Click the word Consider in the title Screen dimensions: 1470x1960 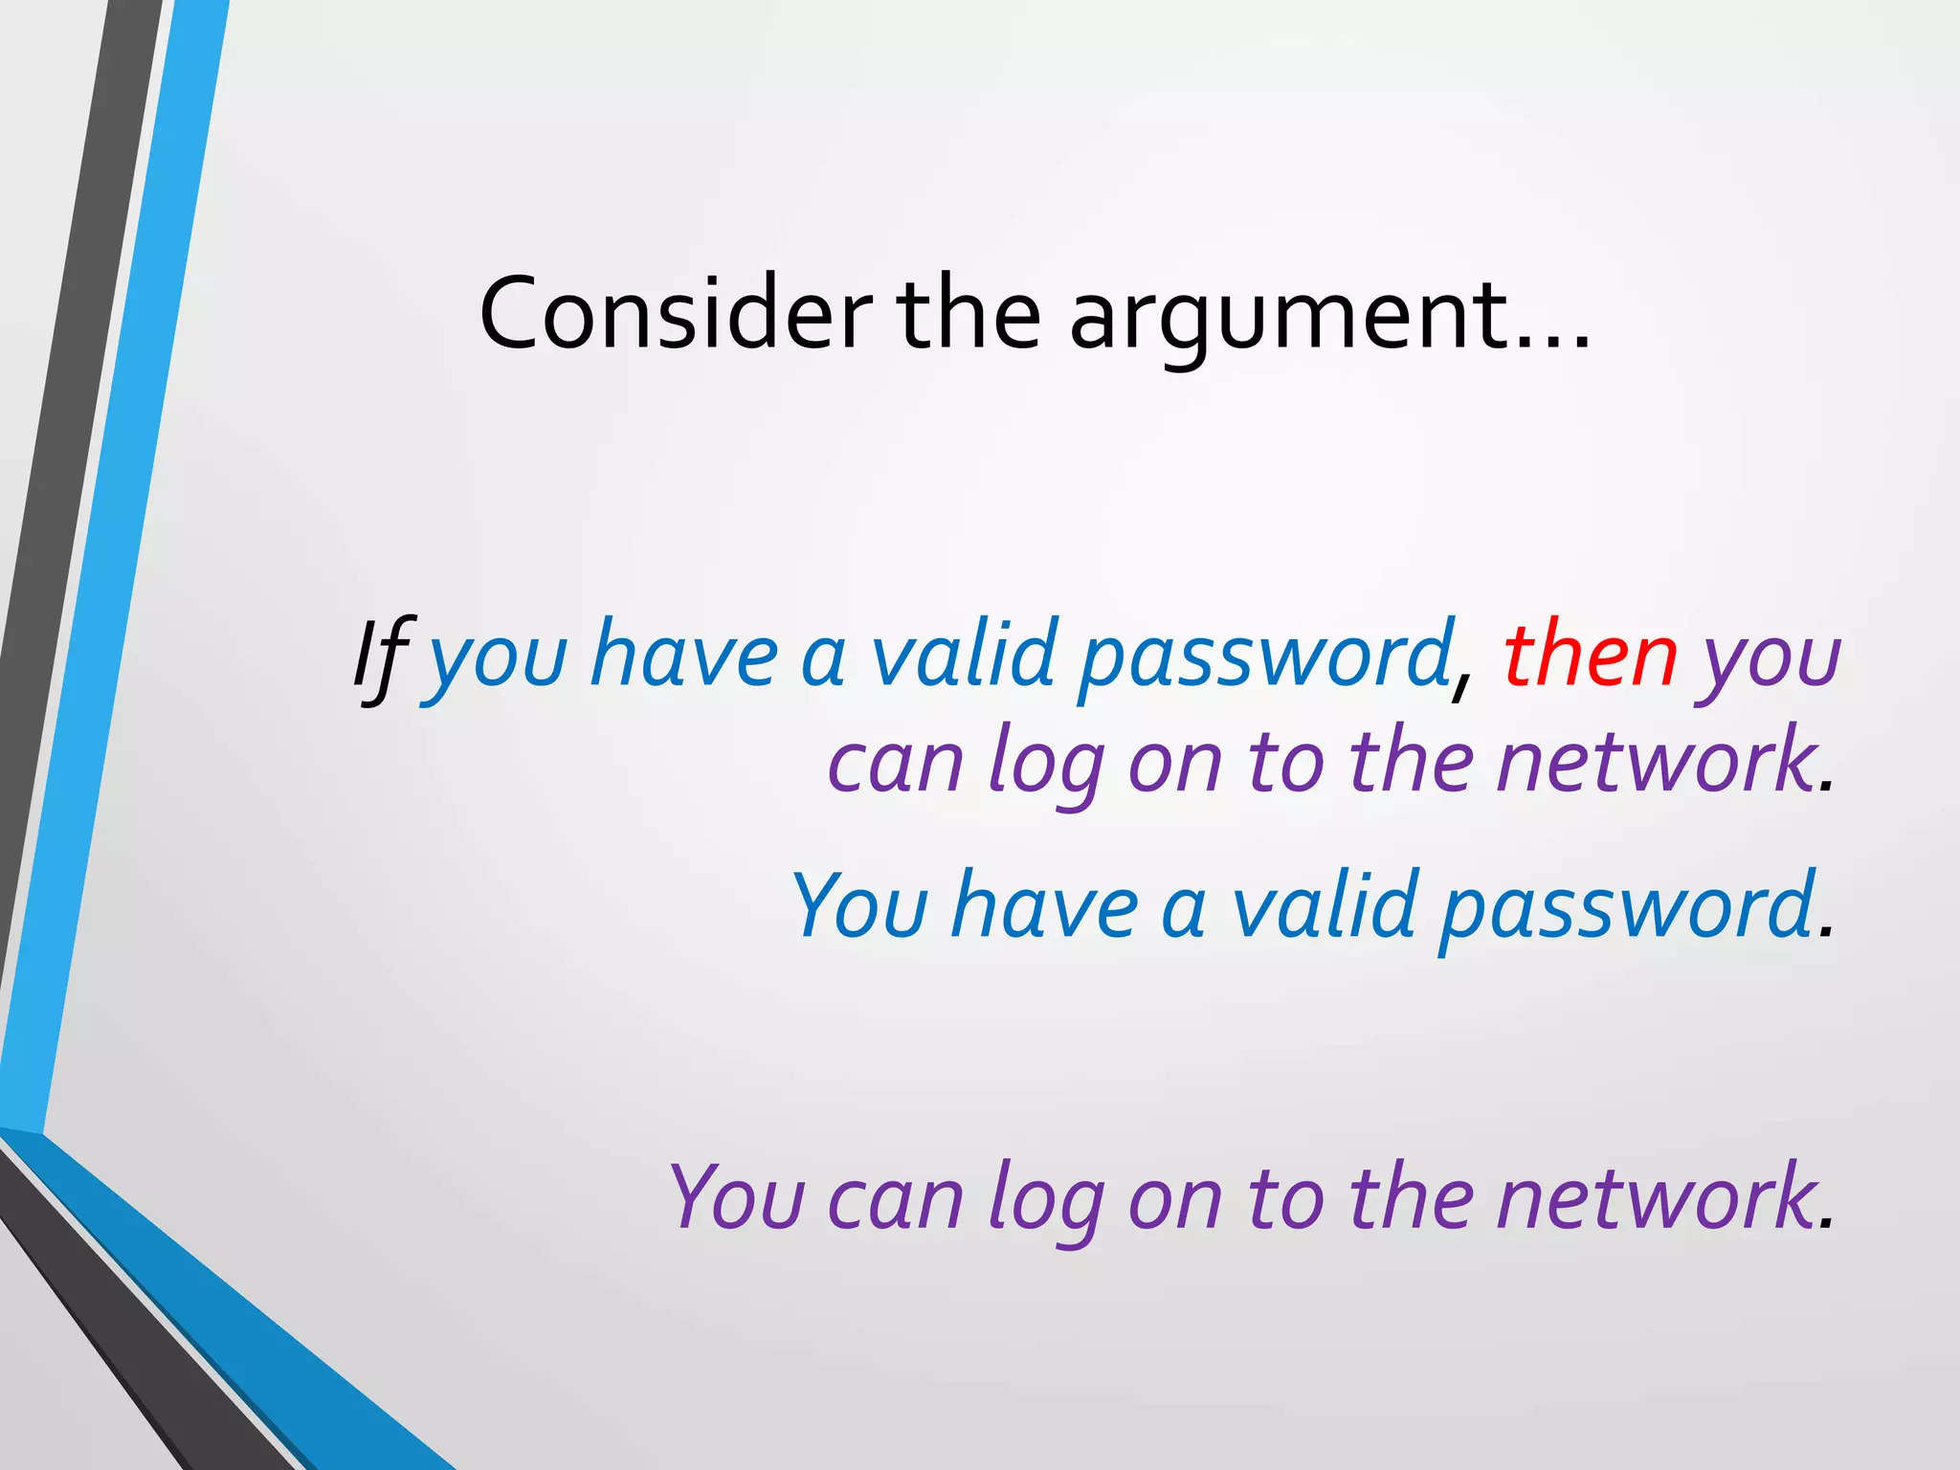point(676,313)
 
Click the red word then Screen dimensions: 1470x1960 point(1591,656)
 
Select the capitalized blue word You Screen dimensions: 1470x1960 point(859,904)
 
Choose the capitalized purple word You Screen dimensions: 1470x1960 point(736,1196)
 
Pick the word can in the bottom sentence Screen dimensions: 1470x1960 point(895,1200)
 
